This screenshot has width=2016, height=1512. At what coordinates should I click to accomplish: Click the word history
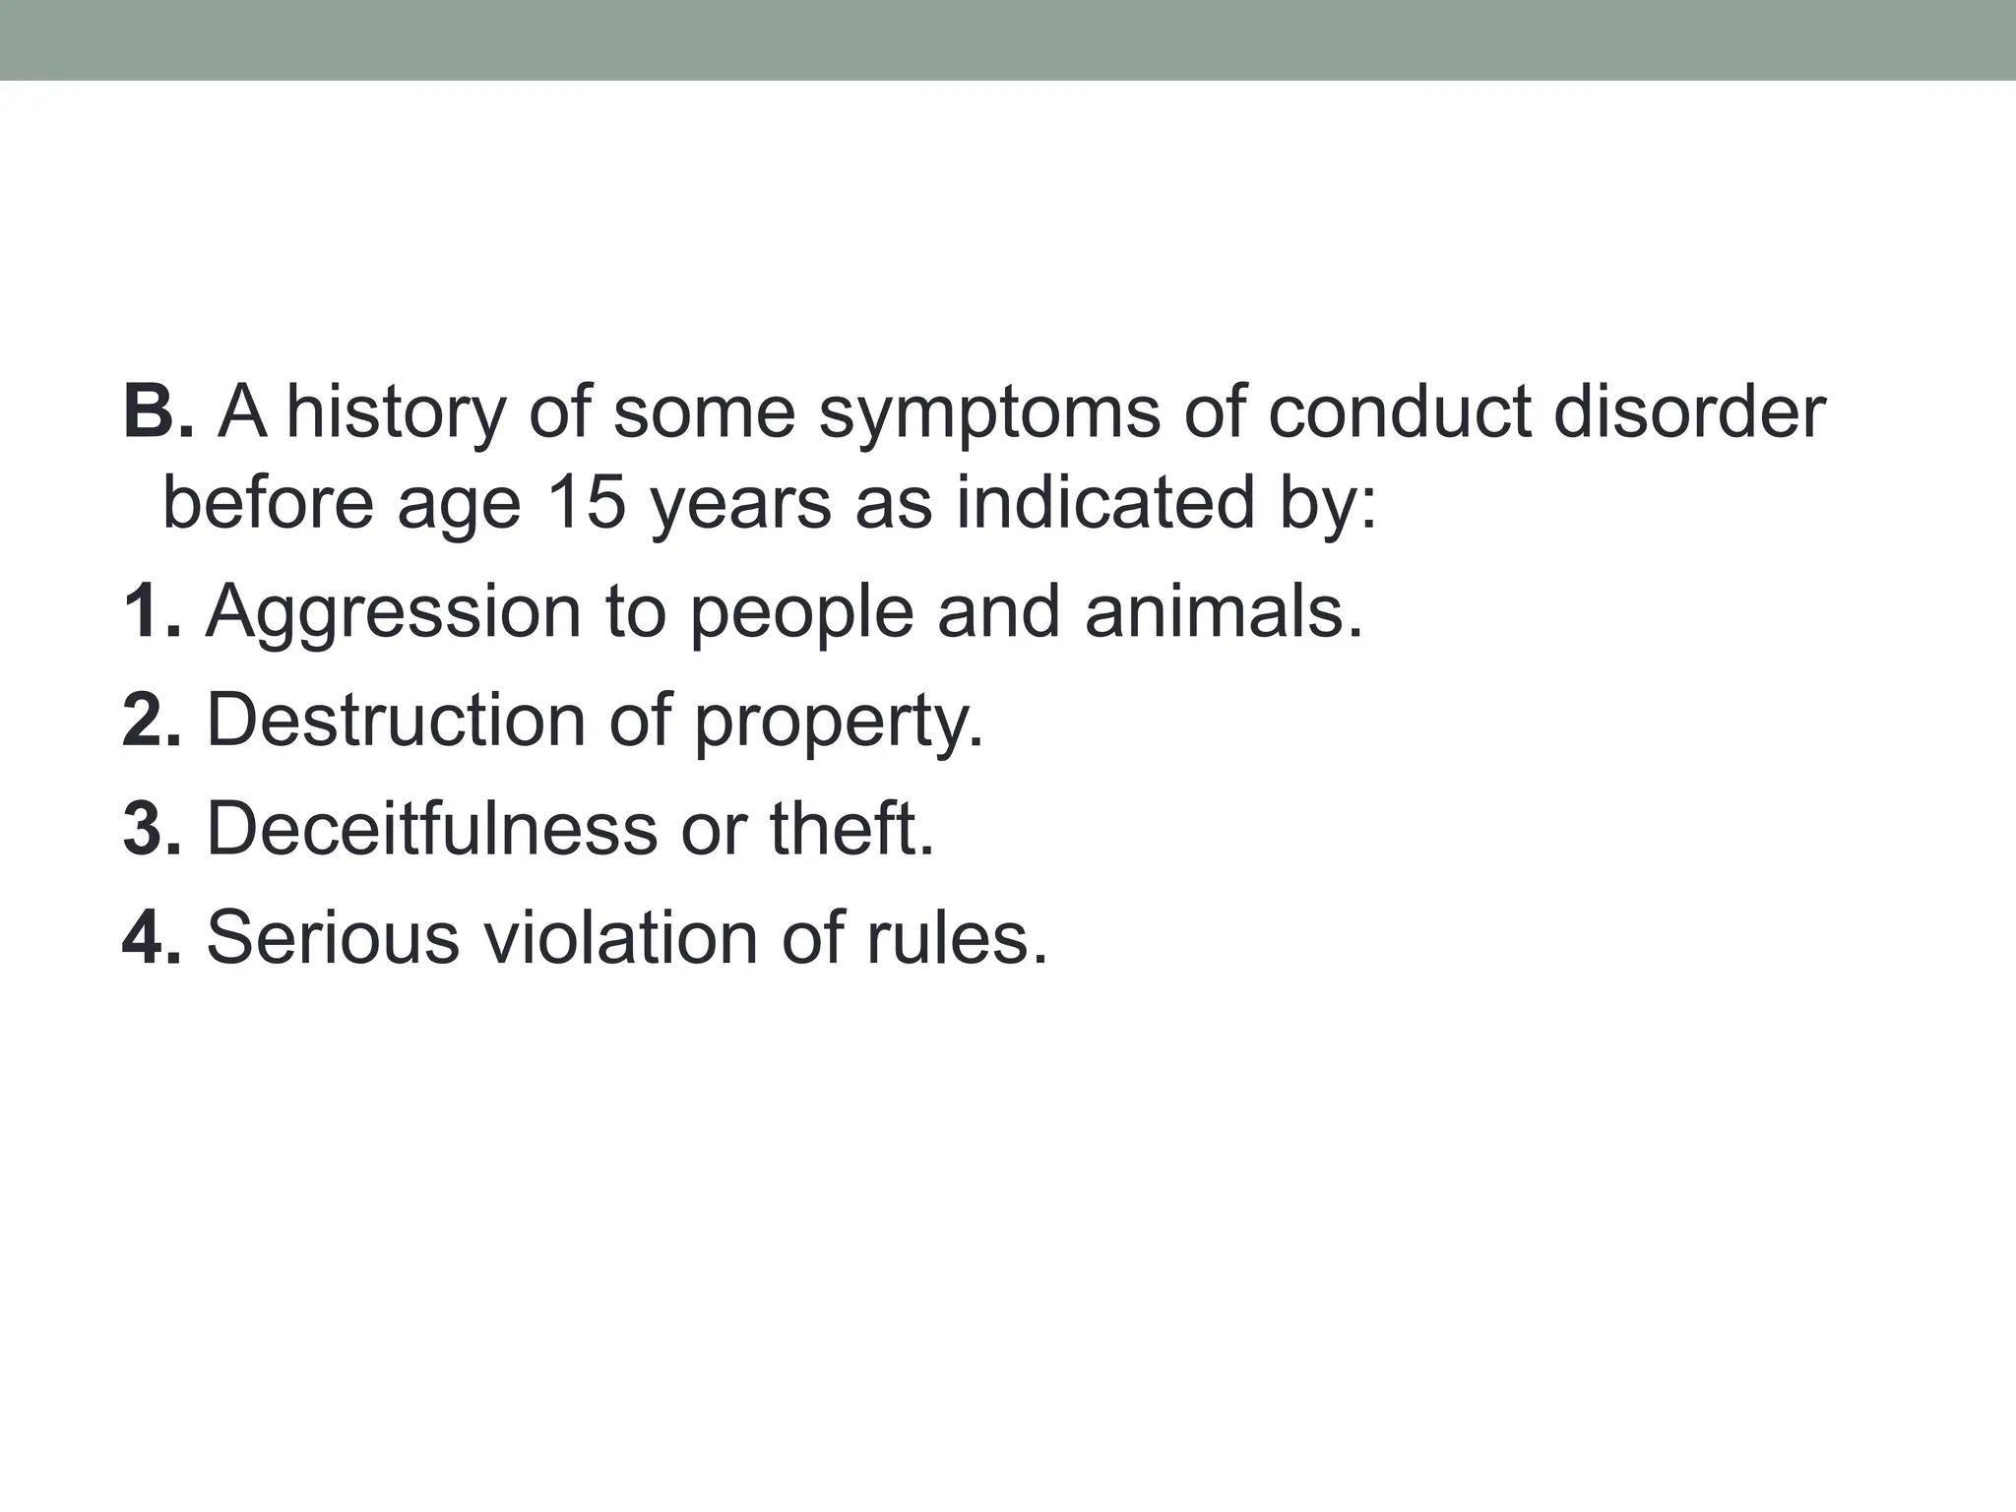(395, 413)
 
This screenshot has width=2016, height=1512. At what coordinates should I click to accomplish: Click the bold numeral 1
(143, 611)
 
